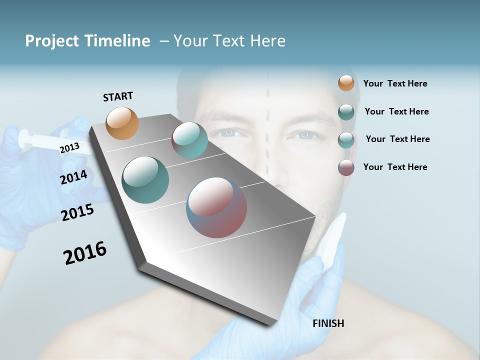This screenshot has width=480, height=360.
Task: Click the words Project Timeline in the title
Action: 87,41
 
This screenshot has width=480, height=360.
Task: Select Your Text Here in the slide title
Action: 229,41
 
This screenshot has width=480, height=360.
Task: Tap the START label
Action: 118,96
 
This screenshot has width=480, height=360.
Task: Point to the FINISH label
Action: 328,323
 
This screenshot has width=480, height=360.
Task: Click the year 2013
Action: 69,148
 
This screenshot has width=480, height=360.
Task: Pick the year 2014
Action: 74,177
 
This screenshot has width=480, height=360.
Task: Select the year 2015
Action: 77,212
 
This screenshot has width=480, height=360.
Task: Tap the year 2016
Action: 85,253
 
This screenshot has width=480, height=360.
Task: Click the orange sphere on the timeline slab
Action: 122,123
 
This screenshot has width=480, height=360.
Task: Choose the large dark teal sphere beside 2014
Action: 145,180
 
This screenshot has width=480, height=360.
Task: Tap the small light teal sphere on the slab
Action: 189,140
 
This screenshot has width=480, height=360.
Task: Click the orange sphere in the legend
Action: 346,83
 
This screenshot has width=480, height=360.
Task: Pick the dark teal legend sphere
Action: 346,112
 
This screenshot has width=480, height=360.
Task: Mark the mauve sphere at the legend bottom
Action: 346,167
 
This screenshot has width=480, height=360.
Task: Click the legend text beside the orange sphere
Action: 395,84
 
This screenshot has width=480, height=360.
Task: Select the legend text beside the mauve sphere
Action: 395,167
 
